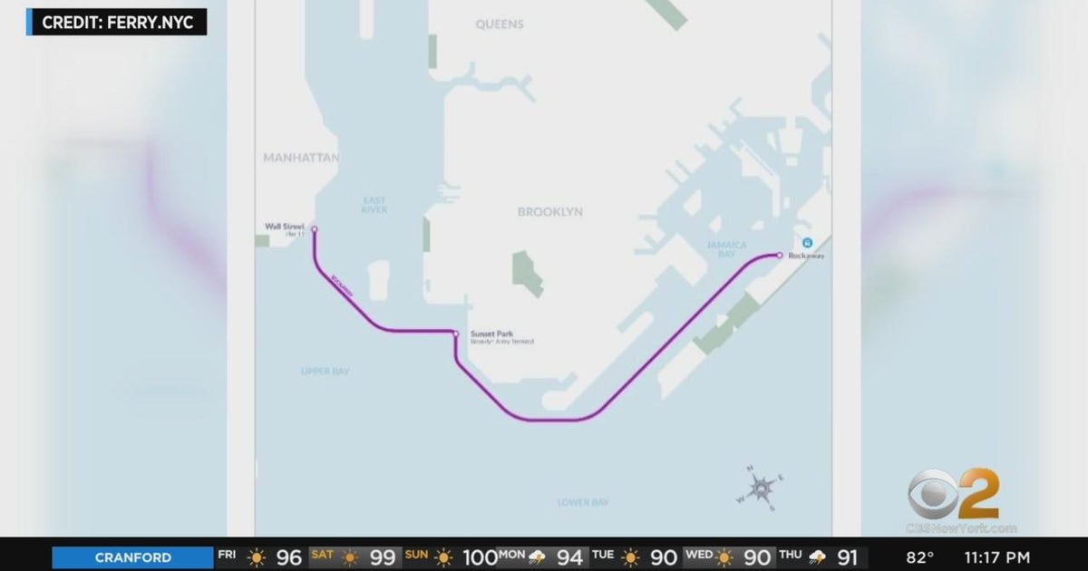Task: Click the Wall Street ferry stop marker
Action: (x=315, y=229)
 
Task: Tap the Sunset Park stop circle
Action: (x=456, y=334)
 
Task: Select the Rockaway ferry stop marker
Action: (x=779, y=256)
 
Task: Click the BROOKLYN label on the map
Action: (x=550, y=212)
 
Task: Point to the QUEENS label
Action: (x=500, y=24)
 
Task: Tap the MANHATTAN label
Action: (x=301, y=158)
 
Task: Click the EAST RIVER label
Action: (x=374, y=205)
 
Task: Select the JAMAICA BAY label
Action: (x=727, y=250)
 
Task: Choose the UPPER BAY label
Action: (x=325, y=372)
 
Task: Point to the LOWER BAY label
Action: (x=583, y=502)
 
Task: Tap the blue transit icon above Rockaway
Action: (x=807, y=242)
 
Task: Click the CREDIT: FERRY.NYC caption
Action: (x=118, y=22)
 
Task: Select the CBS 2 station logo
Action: (x=953, y=496)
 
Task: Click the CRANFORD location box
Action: (x=132, y=557)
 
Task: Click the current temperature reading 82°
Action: (x=920, y=557)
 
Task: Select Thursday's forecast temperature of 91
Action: (x=847, y=557)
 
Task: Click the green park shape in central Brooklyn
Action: (x=527, y=272)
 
